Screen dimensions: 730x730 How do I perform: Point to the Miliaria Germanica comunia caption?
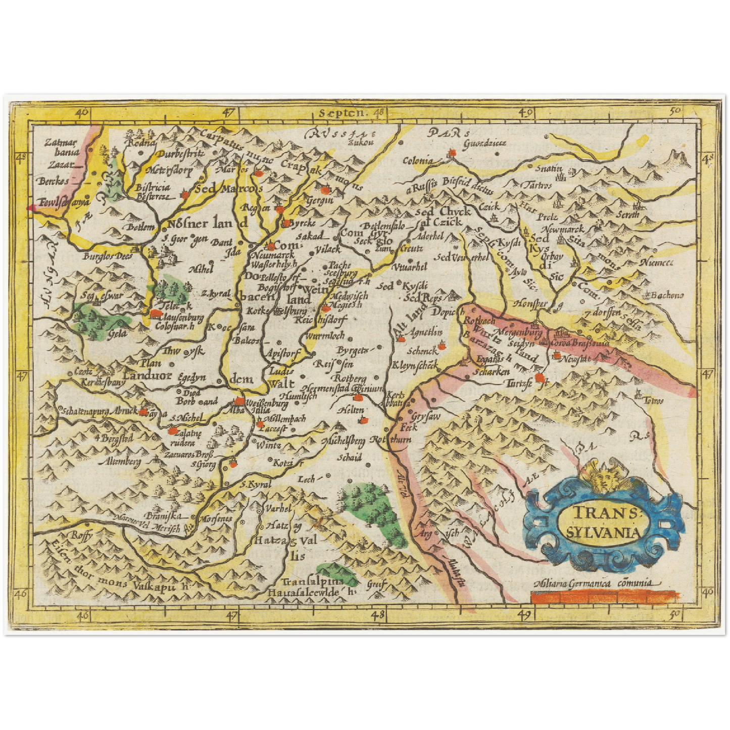596,583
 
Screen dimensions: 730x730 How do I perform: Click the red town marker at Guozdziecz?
453,152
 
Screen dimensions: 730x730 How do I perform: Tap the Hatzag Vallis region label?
286,541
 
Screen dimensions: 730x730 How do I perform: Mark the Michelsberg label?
347,441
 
